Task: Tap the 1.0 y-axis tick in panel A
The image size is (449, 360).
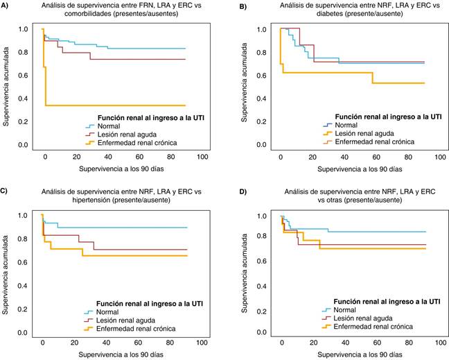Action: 24,29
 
